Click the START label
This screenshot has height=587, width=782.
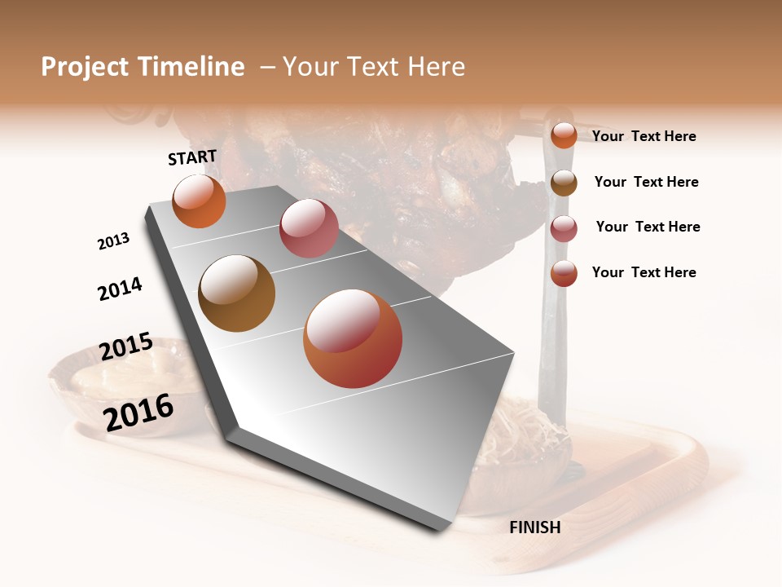click(192, 157)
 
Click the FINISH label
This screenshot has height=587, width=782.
click(534, 527)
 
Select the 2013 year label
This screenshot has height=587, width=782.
click(113, 241)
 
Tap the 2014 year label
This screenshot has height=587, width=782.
click(120, 289)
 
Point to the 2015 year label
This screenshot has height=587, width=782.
click(126, 346)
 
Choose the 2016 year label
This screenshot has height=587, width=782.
click(138, 412)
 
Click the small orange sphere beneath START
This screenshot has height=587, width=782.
click(199, 201)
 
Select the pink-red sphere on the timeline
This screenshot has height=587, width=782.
click(309, 228)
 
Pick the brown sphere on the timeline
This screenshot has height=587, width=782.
click(237, 293)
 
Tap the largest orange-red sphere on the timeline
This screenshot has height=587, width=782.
click(353, 338)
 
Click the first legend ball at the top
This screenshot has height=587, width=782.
click(564, 135)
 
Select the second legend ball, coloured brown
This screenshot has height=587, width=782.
click(564, 183)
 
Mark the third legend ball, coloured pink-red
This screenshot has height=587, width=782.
click(564, 228)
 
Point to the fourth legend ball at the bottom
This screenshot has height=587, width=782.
click(564, 273)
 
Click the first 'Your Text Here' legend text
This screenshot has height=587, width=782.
click(644, 136)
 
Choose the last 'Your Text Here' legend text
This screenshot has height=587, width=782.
click(644, 272)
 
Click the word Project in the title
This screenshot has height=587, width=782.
click(85, 67)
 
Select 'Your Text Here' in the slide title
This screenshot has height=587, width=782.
click(374, 67)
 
